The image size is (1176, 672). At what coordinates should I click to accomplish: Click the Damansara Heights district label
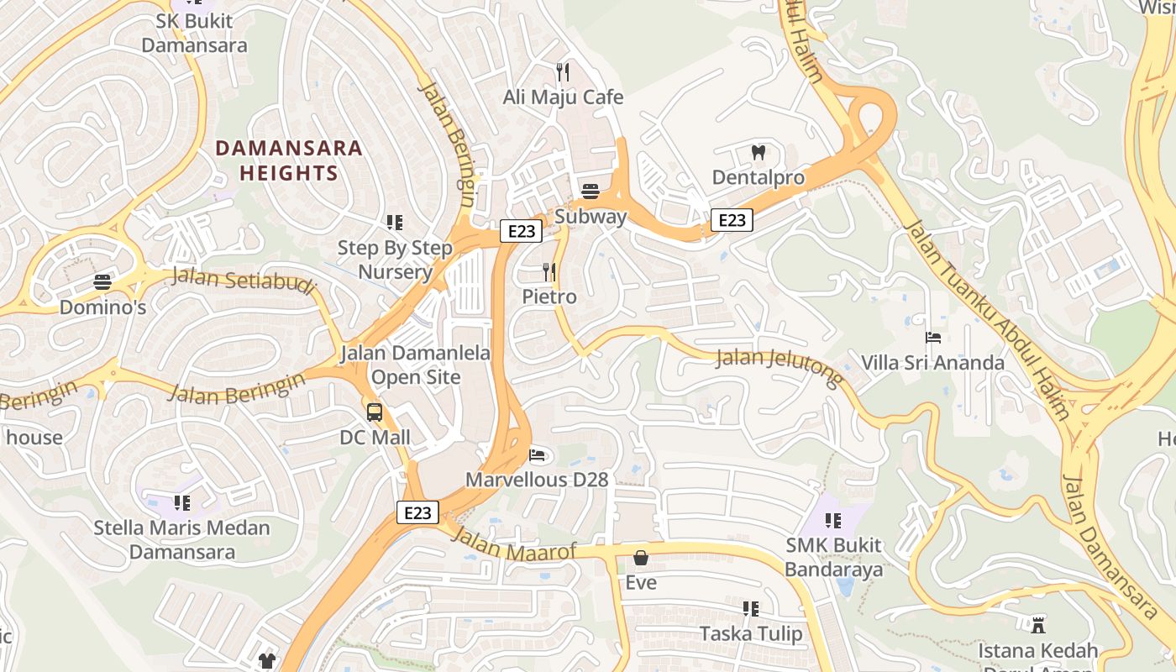(289, 160)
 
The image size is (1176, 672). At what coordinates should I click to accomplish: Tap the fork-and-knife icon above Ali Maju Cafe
(563, 72)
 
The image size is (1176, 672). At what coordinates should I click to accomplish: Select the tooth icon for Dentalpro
(759, 152)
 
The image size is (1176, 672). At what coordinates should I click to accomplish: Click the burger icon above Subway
(591, 192)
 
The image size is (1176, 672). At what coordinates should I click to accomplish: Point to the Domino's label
(102, 307)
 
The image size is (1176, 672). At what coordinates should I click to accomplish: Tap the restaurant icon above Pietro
(549, 271)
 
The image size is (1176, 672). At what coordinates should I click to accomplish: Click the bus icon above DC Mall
(375, 412)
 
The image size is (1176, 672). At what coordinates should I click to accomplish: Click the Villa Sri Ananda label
(932, 363)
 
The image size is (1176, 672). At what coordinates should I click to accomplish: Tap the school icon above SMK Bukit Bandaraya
(833, 521)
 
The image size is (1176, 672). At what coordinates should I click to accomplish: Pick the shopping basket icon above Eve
(641, 558)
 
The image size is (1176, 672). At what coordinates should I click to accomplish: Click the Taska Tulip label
(751, 633)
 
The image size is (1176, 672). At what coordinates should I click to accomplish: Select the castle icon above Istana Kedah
(1038, 625)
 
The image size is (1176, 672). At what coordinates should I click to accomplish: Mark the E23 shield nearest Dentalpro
(732, 220)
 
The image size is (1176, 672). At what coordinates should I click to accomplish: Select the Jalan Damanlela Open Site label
(416, 365)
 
